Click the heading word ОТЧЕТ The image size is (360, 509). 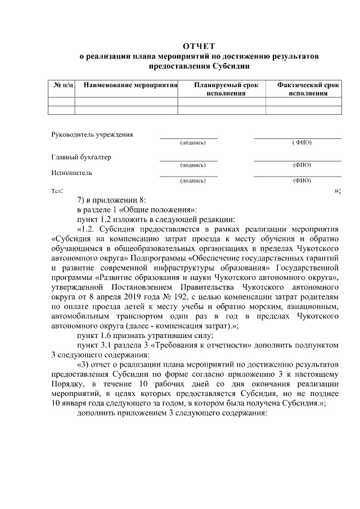pyautogui.click(x=199, y=46)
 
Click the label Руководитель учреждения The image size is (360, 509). pyautogui.click(x=92, y=134)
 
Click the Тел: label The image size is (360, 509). pyautogui.click(x=57, y=191)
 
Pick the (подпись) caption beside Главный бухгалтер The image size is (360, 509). pyautogui.click(x=192, y=165)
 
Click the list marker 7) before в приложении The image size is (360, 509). pyautogui.click(x=82, y=200)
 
